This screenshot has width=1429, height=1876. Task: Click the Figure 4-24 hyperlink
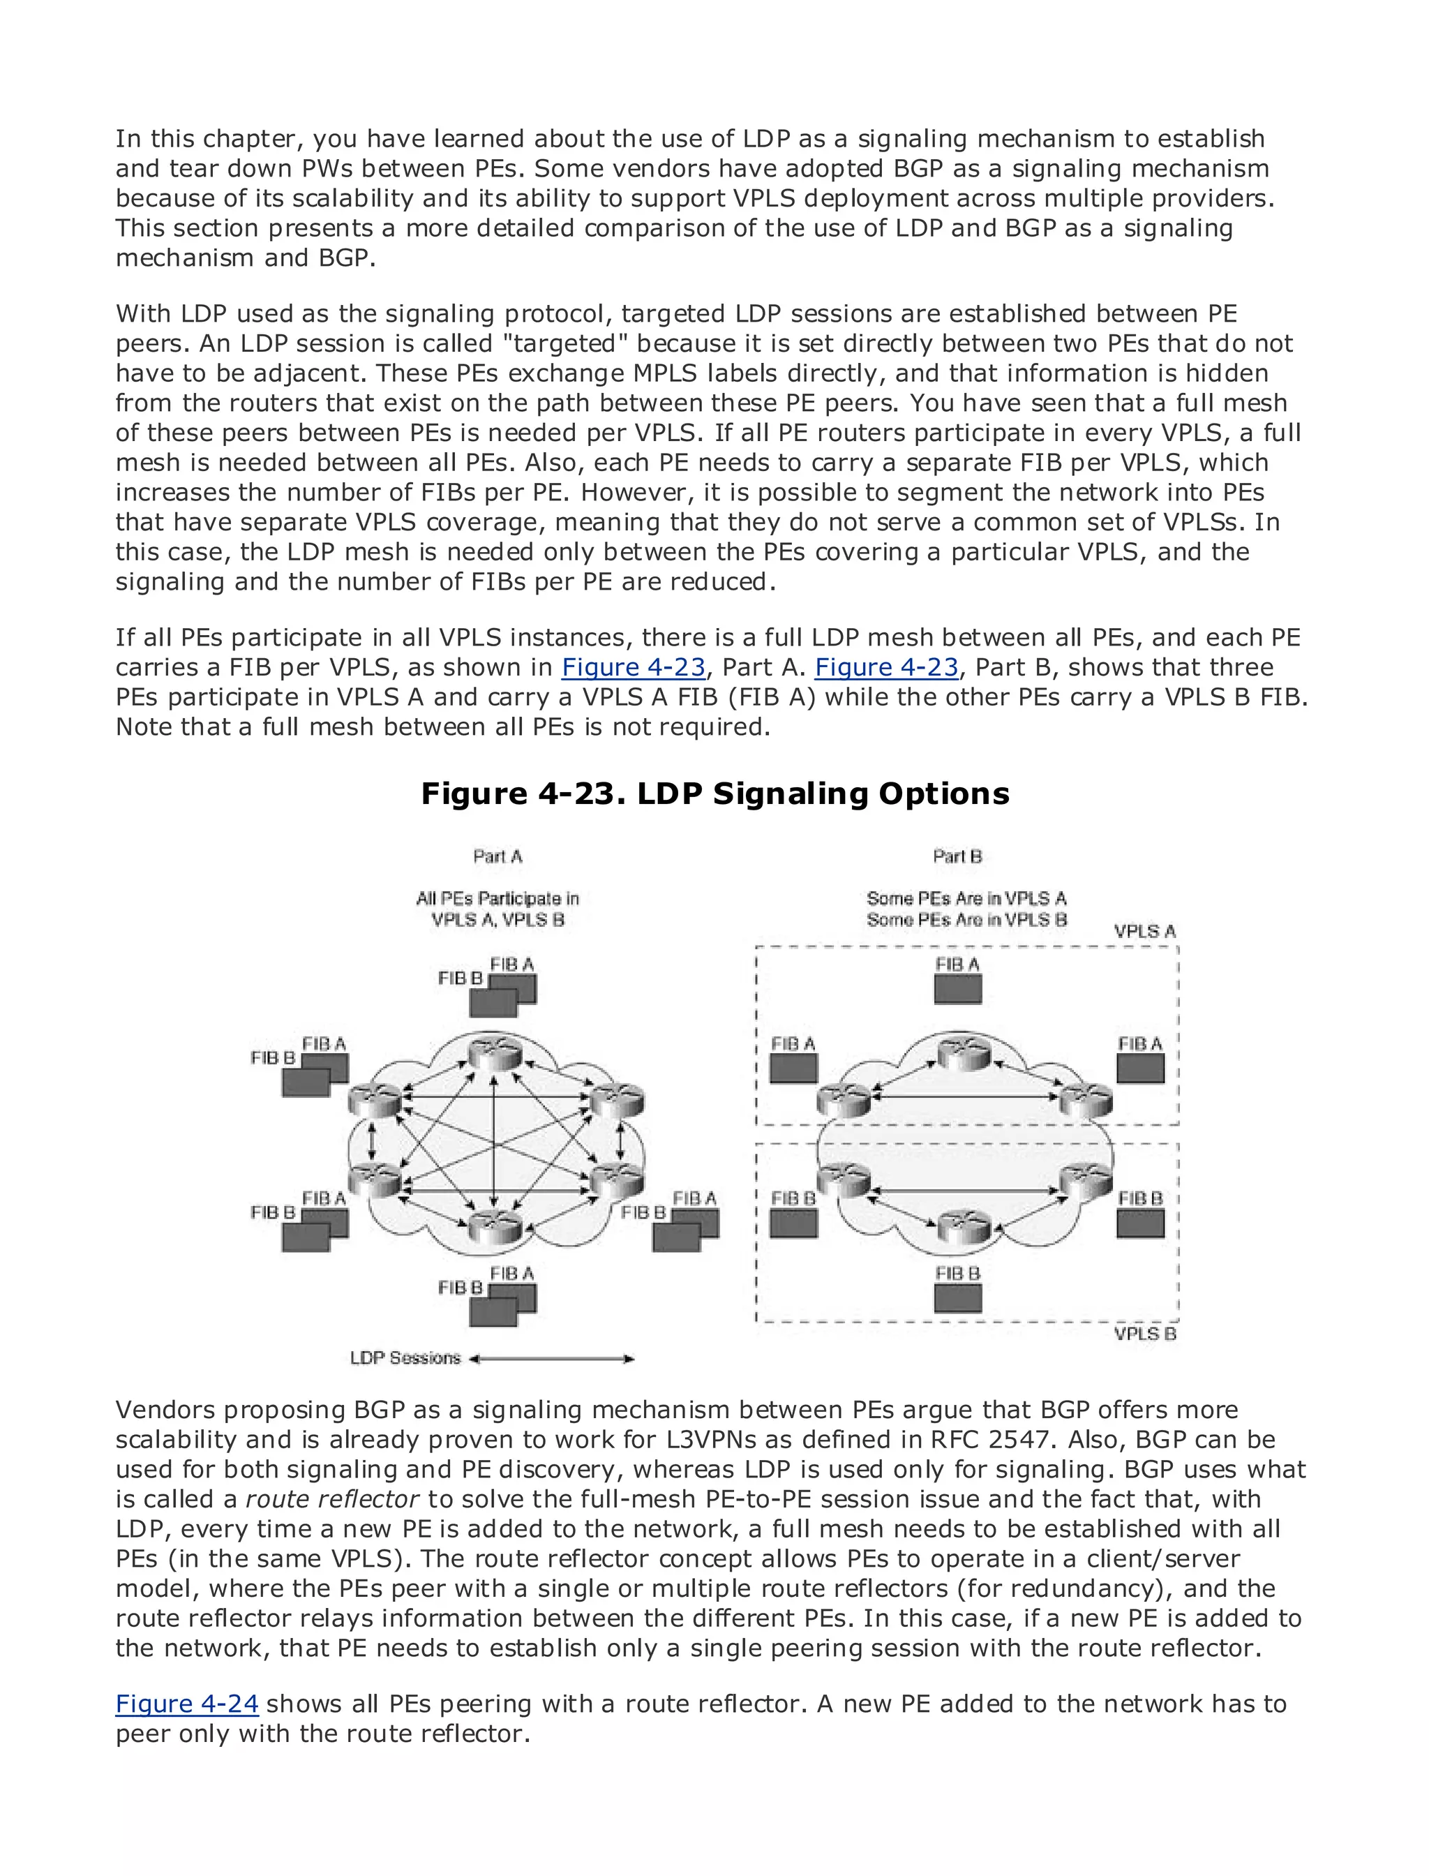pos(186,1704)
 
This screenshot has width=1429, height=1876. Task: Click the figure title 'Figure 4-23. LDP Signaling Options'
pos(714,793)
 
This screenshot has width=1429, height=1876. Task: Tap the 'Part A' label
pos(497,856)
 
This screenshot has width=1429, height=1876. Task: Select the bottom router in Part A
pos(494,1223)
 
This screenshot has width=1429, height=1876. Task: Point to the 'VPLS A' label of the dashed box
pos(1145,932)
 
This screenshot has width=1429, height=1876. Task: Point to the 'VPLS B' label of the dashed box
pos(1145,1333)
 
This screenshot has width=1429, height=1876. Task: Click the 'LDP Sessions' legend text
pos(405,1358)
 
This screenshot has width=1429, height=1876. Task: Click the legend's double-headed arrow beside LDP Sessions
pos(552,1359)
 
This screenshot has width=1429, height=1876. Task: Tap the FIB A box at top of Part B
pos(958,989)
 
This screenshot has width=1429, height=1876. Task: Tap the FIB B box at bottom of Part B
pos(958,1298)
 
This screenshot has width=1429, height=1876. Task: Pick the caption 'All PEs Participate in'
pos(497,898)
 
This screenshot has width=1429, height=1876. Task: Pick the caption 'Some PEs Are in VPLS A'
pos(966,898)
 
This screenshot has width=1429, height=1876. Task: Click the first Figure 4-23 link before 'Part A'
pos(633,668)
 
